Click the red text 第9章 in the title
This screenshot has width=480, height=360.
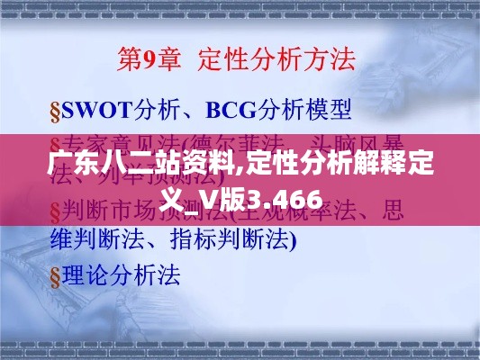[149, 61]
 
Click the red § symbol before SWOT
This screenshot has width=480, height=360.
[54, 112]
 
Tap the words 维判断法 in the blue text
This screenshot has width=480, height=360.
[86, 239]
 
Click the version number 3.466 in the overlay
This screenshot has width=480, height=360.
[291, 200]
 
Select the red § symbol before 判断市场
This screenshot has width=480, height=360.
[54, 213]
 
